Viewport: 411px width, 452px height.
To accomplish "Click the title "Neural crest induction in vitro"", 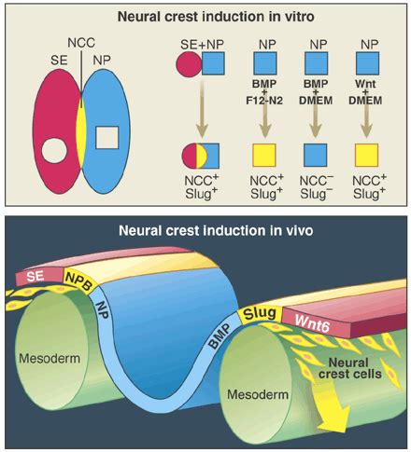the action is click(216, 17).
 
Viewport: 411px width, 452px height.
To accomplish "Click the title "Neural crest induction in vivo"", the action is click(216, 230).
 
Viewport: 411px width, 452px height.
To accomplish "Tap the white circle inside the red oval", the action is click(54, 150).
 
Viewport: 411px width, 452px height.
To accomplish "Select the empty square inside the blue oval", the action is click(106, 137).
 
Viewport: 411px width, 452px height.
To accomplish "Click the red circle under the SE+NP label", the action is click(189, 64).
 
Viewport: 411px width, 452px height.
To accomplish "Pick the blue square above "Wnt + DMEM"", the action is click(367, 63).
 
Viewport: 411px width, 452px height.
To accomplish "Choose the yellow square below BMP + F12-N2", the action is click(264, 155).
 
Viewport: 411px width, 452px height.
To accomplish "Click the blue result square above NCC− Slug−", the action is click(316, 155).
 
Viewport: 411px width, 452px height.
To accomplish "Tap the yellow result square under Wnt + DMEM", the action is click(367, 155).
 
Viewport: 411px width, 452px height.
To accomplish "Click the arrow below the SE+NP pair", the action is click(202, 108).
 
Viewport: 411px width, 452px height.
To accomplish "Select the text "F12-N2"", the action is click(264, 101).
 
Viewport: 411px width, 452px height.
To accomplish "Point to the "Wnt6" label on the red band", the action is click(312, 323).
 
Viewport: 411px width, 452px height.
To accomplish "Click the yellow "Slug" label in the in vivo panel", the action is click(260, 314).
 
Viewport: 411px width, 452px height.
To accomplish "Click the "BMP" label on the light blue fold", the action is click(219, 336).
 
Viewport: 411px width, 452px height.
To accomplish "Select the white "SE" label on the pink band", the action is click(35, 276).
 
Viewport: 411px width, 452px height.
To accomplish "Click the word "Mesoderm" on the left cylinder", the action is click(50, 358).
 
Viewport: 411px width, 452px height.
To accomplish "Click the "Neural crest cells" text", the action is click(350, 368).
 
